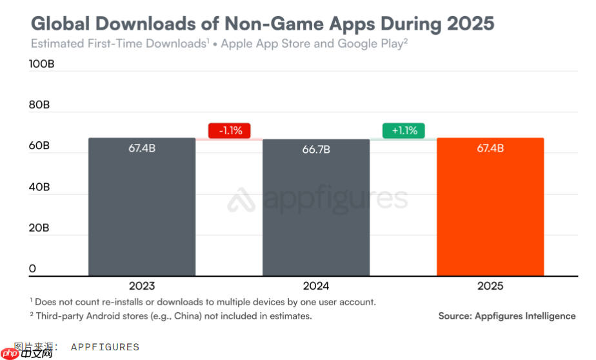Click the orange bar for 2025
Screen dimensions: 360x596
click(x=490, y=206)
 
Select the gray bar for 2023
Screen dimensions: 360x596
click(x=142, y=206)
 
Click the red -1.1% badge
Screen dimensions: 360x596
click(x=229, y=130)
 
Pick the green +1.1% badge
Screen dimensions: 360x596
click(x=404, y=130)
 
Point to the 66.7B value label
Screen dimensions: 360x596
click(x=316, y=150)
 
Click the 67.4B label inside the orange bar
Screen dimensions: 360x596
click(x=490, y=148)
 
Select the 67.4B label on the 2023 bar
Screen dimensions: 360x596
click(x=142, y=148)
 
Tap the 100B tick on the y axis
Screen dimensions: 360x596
click(x=42, y=65)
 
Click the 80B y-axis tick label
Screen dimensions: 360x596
click(x=39, y=105)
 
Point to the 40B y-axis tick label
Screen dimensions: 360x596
click(x=39, y=187)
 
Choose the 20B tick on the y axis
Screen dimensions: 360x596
click(x=39, y=228)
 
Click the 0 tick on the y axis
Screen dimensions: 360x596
click(x=32, y=268)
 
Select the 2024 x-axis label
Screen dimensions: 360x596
click(x=316, y=286)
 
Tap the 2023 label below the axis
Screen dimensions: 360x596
click(x=142, y=286)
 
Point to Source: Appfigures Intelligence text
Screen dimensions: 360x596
click(x=506, y=316)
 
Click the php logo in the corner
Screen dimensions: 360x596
click(x=9, y=353)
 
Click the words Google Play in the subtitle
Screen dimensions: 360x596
click(x=370, y=44)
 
